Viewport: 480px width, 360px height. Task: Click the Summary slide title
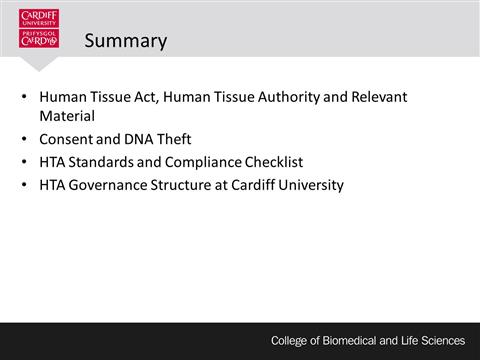tap(125, 41)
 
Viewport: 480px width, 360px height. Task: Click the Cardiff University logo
tap(39, 30)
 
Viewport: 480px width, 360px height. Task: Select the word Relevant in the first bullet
tap(379, 97)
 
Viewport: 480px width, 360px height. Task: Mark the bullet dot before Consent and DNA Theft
tap(25, 140)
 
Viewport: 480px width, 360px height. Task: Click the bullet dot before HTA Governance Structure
tap(25, 186)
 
